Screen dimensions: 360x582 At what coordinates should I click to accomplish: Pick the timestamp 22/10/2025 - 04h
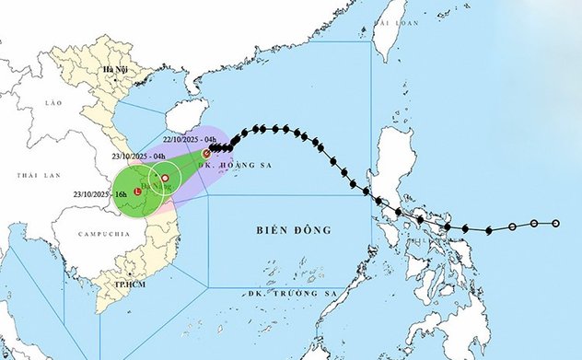[190, 139]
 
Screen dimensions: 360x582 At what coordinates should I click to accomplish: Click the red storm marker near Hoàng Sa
[206, 155]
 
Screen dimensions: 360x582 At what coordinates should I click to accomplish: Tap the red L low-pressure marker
[137, 192]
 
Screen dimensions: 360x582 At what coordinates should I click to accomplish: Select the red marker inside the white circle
[165, 178]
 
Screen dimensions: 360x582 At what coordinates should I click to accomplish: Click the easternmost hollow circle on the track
[556, 223]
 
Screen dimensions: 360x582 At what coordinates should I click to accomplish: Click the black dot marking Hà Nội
[122, 80]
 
